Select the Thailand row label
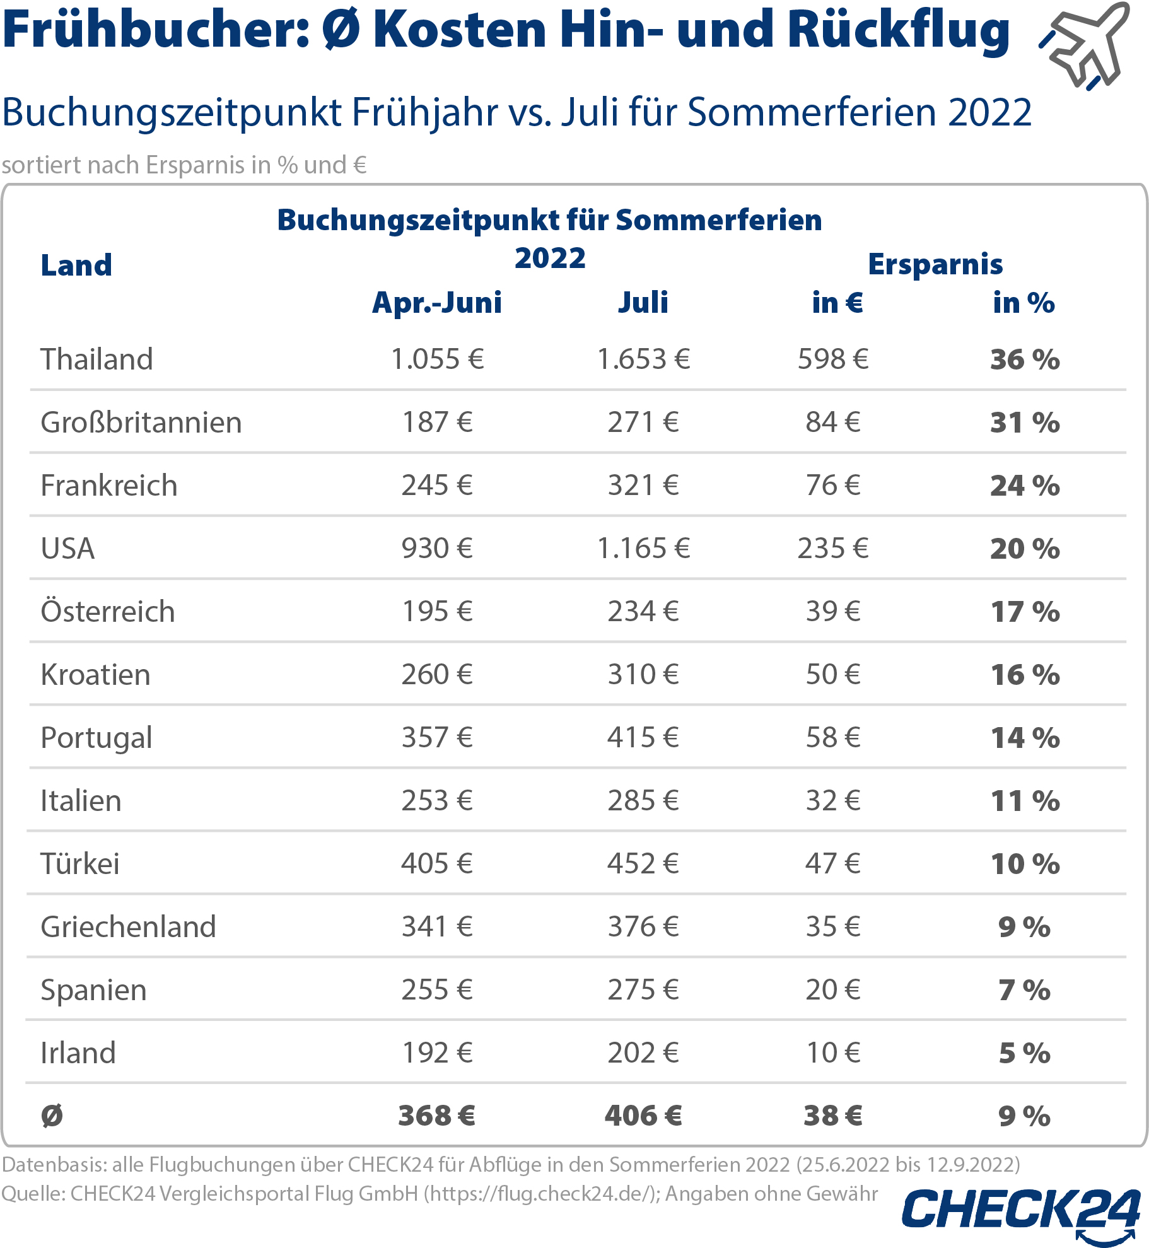(x=96, y=359)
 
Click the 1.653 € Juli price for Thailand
(x=643, y=359)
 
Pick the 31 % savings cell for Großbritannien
(x=1025, y=423)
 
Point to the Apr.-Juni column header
(x=437, y=303)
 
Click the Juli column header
(x=643, y=303)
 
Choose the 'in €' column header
(x=837, y=303)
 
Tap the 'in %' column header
(x=1024, y=303)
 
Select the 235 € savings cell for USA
(x=833, y=549)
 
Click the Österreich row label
(x=108, y=612)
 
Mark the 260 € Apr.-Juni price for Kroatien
(x=437, y=675)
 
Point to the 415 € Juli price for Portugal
(x=643, y=738)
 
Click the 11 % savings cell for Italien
(x=1025, y=801)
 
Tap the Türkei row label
(x=80, y=864)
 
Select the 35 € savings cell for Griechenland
(x=833, y=927)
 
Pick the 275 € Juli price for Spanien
(x=643, y=990)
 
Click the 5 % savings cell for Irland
(x=1025, y=1053)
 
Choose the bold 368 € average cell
(x=437, y=1116)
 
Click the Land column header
(x=76, y=265)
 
